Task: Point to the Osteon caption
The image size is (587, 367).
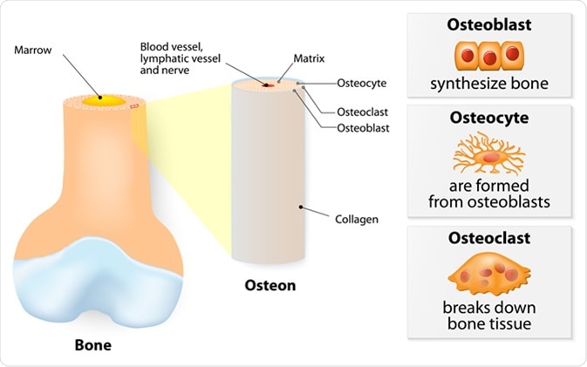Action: pyautogui.click(x=270, y=285)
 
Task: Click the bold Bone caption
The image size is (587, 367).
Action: pyautogui.click(x=92, y=344)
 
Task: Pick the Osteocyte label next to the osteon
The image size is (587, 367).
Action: pyautogui.click(x=361, y=84)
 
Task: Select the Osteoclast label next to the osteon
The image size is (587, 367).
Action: pyautogui.click(x=364, y=112)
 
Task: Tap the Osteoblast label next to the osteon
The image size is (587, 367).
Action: pyautogui.click(x=364, y=128)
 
